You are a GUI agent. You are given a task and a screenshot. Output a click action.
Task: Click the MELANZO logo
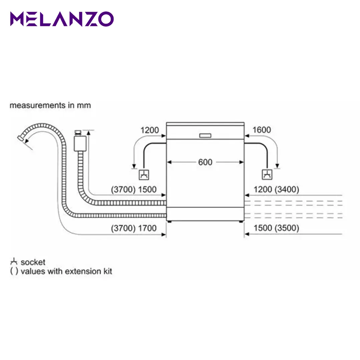(62, 19)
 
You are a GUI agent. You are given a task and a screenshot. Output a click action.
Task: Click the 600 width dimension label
(205, 162)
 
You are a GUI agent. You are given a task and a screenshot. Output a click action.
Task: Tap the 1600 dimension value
(262, 130)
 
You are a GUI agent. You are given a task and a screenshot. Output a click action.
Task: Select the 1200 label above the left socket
(149, 130)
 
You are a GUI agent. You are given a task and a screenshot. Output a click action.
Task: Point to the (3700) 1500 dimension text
(134, 190)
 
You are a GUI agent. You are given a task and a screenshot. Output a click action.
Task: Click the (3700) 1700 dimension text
(134, 228)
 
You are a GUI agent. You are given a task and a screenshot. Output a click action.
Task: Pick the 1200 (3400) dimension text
(276, 190)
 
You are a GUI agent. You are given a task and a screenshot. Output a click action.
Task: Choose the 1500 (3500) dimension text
(276, 228)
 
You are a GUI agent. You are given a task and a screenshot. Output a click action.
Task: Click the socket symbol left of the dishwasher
(144, 175)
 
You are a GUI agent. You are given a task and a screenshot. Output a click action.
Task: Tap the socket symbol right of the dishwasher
(267, 175)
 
